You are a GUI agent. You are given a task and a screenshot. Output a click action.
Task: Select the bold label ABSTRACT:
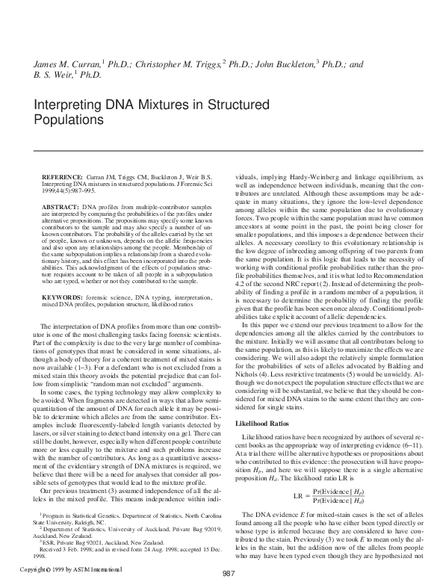coord(59,205)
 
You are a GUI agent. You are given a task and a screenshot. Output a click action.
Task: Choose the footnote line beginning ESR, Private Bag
coord(97,542)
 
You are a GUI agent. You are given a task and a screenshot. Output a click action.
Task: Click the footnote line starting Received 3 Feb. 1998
coord(120,551)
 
